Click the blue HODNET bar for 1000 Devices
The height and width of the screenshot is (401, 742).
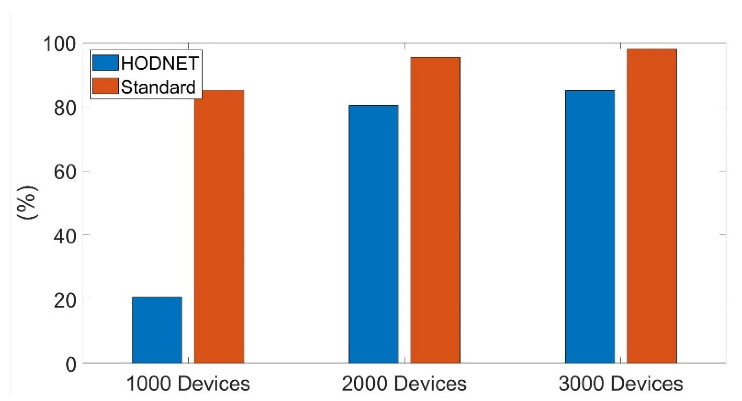coord(157,330)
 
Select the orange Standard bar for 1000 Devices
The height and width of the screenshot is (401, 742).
coord(219,227)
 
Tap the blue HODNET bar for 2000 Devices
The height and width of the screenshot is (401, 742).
coord(373,234)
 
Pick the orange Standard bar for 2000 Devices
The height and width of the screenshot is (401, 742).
coord(435,211)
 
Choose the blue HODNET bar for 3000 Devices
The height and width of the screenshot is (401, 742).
coord(590,227)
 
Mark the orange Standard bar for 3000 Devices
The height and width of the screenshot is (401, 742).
coord(652,206)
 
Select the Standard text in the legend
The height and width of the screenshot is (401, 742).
coord(158,87)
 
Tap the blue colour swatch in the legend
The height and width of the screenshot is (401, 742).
coord(105,63)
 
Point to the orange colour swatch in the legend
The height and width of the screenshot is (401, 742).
coord(105,86)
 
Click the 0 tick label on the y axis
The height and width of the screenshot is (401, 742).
coord(71,365)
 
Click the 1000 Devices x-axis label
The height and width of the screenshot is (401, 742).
coord(188,384)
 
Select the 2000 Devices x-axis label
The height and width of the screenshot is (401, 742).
coord(404,384)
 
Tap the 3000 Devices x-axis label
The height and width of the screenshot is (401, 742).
coord(621,384)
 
